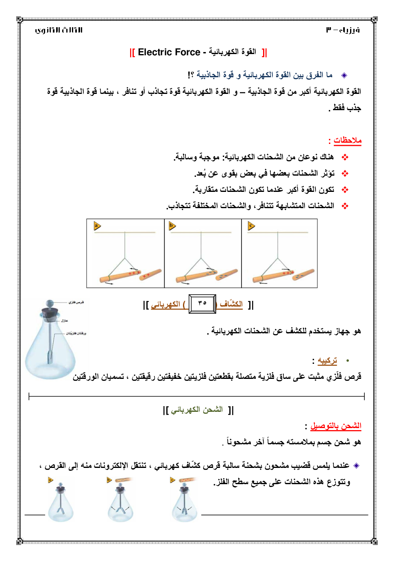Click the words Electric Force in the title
169,52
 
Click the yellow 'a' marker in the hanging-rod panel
97,226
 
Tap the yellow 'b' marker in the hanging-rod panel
172,226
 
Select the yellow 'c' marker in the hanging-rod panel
251,226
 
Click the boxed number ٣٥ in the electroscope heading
202,303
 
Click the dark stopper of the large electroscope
50,313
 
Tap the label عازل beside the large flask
64,321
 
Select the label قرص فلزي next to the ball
76,302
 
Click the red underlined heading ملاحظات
347,140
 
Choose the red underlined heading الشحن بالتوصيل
335,426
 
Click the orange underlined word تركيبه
327,361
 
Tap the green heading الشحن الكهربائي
197,410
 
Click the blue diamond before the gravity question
344,75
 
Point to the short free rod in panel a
151,274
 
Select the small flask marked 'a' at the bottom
61,507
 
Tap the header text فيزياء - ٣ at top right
343,30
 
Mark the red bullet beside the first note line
345,157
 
